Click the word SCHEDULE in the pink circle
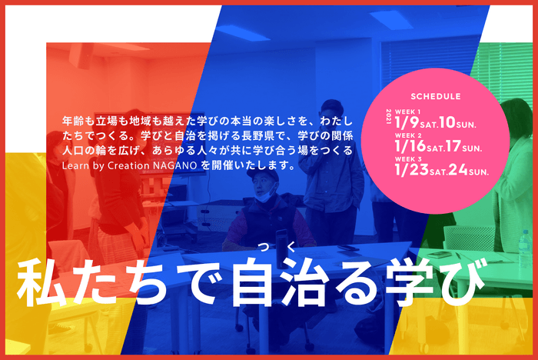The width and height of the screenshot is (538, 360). pyautogui.click(x=436, y=97)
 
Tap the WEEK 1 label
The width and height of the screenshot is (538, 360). pyautogui.click(x=407, y=111)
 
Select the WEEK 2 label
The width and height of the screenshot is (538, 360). pyautogui.click(x=407, y=135)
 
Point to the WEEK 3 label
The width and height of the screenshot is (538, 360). pyautogui.click(x=407, y=158)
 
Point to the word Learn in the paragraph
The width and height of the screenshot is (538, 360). pyautogui.click(x=75, y=165)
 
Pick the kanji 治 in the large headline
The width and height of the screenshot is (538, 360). pyautogui.click(x=292, y=285)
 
